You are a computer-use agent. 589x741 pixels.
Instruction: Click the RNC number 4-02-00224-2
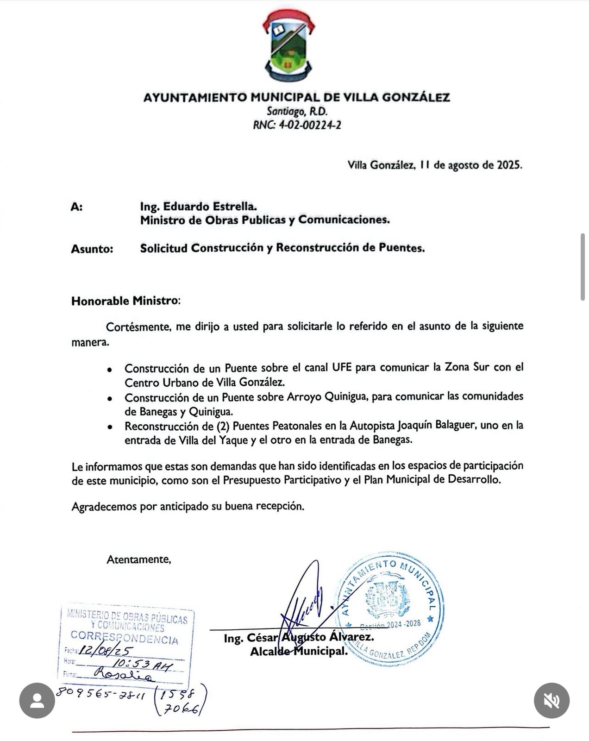coord(309,125)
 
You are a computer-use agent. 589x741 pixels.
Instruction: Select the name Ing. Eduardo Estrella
coord(198,206)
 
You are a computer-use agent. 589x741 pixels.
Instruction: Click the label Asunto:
coord(92,249)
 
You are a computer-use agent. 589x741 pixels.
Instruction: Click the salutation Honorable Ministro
coord(125,301)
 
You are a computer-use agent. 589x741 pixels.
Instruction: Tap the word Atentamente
coord(138,559)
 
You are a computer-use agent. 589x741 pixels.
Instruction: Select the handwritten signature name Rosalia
coord(123,675)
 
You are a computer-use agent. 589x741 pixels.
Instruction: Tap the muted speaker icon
coord(551,700)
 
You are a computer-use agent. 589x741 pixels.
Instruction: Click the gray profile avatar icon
coord(37,700)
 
